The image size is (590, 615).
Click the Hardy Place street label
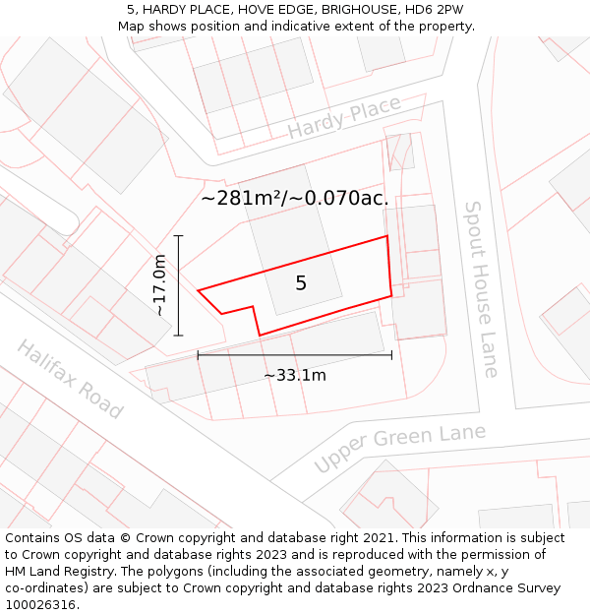click(x=344, y=117)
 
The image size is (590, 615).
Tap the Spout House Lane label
click(x=482, y=289)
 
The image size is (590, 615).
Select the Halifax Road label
click(x=70, y=379)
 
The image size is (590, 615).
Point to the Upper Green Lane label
click(x=399, y=448)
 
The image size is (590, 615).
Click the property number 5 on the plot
click(x=301, y=283)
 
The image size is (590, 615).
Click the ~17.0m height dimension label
click(x=160, y=285)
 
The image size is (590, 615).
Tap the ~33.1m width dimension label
click(x=295, y=375)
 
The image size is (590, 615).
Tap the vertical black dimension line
click(x=178, y=285)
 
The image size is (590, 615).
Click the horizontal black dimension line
click(x=295, y=355)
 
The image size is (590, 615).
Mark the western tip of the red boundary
click(x=200, y=290)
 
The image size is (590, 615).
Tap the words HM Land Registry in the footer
click(x=55, y=572)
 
